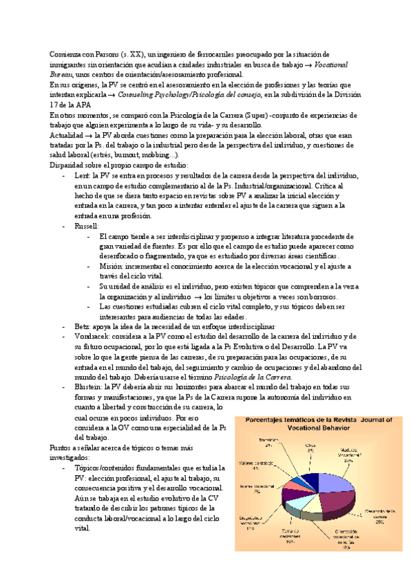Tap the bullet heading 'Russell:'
[87, 225]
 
